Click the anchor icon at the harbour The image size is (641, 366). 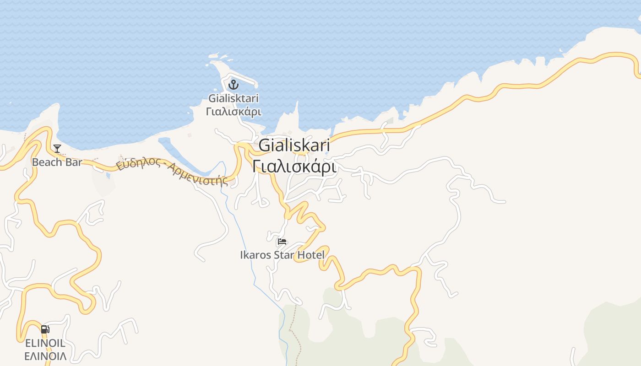point(234,85)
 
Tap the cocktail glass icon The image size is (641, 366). point(57,148)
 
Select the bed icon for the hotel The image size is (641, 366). point(282,242)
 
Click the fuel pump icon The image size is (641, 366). point(45,329)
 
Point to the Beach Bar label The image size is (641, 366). point(57,162)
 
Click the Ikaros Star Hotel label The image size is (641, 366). point(282,255)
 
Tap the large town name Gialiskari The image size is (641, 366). point(294,145)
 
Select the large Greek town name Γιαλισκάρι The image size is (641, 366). point(294,166)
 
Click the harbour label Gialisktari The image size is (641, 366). point(234,98)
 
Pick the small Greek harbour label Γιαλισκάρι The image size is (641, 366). point(234,111)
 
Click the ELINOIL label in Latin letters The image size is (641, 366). point(45,343)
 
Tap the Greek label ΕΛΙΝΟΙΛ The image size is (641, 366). point(45,356)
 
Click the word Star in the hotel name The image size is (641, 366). point(284,255)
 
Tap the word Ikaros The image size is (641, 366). point(255,255)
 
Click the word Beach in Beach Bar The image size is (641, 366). point(48,162)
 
